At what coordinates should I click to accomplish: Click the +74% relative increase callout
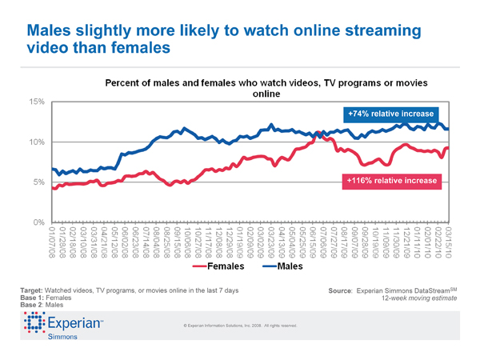[391, 113]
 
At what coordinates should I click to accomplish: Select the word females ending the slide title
[140, 50]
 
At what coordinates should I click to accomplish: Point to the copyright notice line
[241, 326]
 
